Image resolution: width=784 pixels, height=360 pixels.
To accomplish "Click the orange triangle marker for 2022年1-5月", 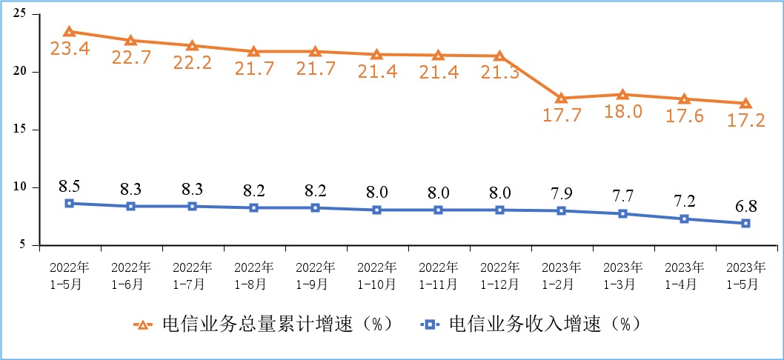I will [69, 32].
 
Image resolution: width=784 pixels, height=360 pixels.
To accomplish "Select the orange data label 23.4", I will [69, 50].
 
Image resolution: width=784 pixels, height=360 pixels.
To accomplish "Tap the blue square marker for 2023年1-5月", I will [745, 223].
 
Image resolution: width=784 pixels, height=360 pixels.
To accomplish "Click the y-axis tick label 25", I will [20, 14].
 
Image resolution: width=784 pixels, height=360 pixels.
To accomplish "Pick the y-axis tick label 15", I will [20, 130].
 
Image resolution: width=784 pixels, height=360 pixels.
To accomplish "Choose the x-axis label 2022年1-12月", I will [499, 274].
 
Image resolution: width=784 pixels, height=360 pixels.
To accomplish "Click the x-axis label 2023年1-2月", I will [561, 274].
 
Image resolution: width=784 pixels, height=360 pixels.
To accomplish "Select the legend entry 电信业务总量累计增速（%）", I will [262, 324].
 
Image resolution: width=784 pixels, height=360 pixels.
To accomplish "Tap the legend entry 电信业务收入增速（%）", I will [531, 324].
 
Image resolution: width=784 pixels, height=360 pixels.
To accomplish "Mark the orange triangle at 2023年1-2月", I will [561, 98].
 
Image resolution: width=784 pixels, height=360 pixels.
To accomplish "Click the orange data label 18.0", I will [622, 112].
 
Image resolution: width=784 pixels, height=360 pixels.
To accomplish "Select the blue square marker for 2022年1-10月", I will [376, 210].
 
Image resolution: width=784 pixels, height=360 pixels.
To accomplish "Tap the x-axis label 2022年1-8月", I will [253, 274].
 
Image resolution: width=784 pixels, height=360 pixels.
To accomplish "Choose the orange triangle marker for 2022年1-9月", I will [315, 52].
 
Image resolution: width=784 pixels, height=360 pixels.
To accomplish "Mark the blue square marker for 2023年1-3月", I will [622, 213].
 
